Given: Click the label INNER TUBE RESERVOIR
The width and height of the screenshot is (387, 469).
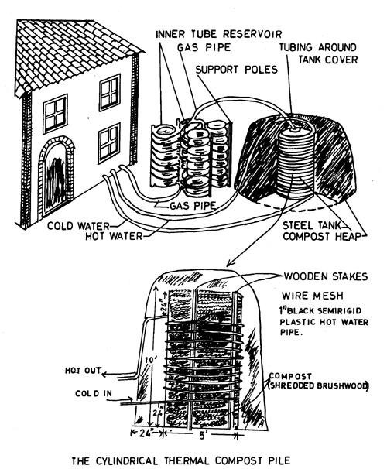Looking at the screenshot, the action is (218, 34).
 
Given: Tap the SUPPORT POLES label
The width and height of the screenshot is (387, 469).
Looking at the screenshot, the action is (237, 70).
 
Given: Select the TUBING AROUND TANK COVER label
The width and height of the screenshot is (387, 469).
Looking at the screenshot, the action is (318, 53).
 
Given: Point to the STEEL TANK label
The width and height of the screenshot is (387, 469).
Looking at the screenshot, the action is (312, 225).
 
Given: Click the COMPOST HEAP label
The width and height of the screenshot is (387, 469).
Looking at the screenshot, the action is (322, 236).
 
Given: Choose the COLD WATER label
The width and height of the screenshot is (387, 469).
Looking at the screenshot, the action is (78, 226).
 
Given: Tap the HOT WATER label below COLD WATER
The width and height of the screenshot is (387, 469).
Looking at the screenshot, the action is (114, 236).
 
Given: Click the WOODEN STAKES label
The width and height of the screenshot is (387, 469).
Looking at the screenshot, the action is (325, 276).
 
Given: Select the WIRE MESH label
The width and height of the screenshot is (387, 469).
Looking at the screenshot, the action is (312, 296).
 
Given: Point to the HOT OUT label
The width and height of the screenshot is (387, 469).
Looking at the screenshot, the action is (84, 371).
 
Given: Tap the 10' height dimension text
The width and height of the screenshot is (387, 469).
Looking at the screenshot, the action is (149, 360).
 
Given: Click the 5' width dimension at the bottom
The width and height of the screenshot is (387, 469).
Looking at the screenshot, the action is (203, 436).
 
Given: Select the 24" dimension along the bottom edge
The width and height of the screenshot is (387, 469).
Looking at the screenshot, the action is (147, 433).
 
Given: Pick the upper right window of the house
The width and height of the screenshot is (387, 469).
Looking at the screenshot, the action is (109, 92).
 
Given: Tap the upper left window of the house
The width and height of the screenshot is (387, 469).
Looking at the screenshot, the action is (55, 114).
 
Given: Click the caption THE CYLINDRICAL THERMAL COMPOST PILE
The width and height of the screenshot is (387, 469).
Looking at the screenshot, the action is (181, 460).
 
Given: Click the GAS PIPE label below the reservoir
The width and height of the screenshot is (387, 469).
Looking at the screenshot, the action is (192, 206).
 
